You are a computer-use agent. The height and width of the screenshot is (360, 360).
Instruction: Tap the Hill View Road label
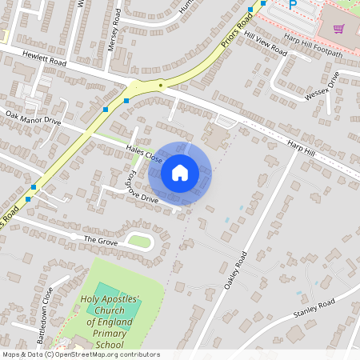pyautogui.click(x=266, y=44)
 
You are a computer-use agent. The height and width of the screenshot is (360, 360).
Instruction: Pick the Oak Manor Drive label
pyautogui.click(x=33, y=119)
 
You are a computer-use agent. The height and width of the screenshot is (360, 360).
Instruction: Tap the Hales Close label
pyautogui.click(x=144, y=154)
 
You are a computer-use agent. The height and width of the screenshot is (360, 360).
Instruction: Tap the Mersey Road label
pyautogui.click(x=114, y=30)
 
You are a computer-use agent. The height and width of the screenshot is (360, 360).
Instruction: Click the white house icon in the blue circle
pyautogui.click(x=180, y=172)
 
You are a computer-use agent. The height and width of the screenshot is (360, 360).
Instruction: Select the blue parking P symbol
pyautogui.click(x=292, y=5)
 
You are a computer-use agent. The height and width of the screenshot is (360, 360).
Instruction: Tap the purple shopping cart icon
pyautogui.click(x=339, y=30)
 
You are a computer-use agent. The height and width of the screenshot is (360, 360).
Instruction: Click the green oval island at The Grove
pyautogui.click(x=140, y=241)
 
